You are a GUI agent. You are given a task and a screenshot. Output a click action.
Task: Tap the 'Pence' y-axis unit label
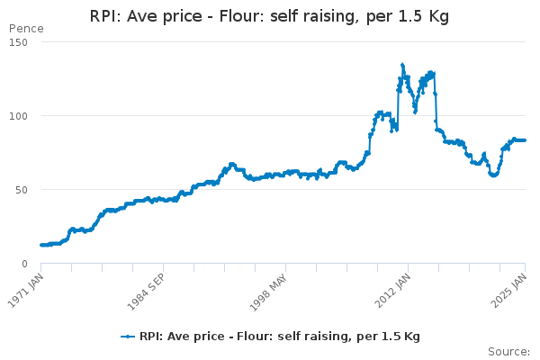pyautogui.click(x=25, y=29)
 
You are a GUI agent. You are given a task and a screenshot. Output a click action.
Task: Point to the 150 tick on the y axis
pyautogui.click(x=19, y=42)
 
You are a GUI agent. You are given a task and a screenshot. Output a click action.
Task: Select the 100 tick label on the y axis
pyautogui.click(x=19, y=116)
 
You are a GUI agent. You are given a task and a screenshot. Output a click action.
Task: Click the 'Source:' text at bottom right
pyautogui.click(x=508, y=351)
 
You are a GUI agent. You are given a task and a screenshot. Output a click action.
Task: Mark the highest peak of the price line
pyautogui.click(x=402, y=65)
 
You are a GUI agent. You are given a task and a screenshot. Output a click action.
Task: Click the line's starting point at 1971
pyautogui.click(x=41, y=245)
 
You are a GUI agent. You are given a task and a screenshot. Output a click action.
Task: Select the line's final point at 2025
pyautogui.click(x=526, y=140)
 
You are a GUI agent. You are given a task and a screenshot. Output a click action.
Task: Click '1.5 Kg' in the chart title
pyautogui.click(x=422, y=17)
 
